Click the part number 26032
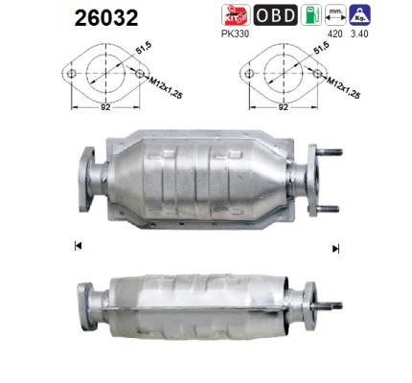point(105,18)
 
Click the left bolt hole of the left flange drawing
point(71,72)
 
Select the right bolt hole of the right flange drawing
point(319,71)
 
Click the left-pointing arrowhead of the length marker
point(78,247)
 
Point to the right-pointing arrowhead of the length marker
point(335,248)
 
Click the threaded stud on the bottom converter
point(335,306)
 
